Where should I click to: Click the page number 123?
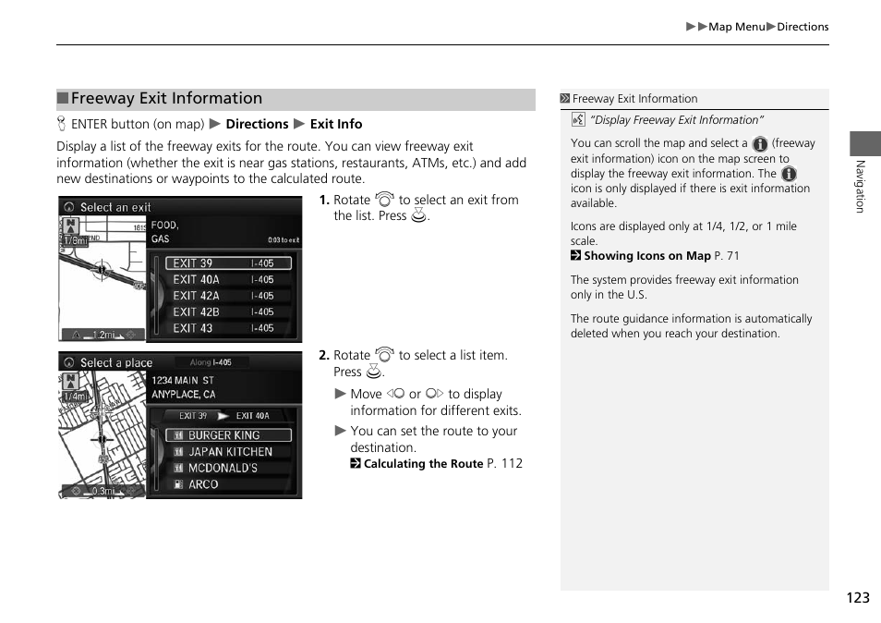[x=856, y=598]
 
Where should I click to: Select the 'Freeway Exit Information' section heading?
[x=166, y=99]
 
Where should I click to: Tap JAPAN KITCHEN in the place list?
[x=229, y=452]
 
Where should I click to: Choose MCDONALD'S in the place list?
[x=223, y=468]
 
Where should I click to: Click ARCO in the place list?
[x=203, y=484]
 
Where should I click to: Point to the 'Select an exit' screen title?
[x=115, y=208]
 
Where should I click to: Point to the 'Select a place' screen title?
[x=115, y=363]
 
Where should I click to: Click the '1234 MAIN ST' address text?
[x=183, y=380]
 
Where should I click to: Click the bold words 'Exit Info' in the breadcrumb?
[x=336, y=124]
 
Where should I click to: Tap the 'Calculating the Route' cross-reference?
[x=423, y=464]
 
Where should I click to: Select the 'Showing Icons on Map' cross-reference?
[x=647, y=256]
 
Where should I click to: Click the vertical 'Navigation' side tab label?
[x=860, y=186]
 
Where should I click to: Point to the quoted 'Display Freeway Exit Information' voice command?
[x=677, y=120]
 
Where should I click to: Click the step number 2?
[x=324, y=355]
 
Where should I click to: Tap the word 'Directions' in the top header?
[x=803, y=27]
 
